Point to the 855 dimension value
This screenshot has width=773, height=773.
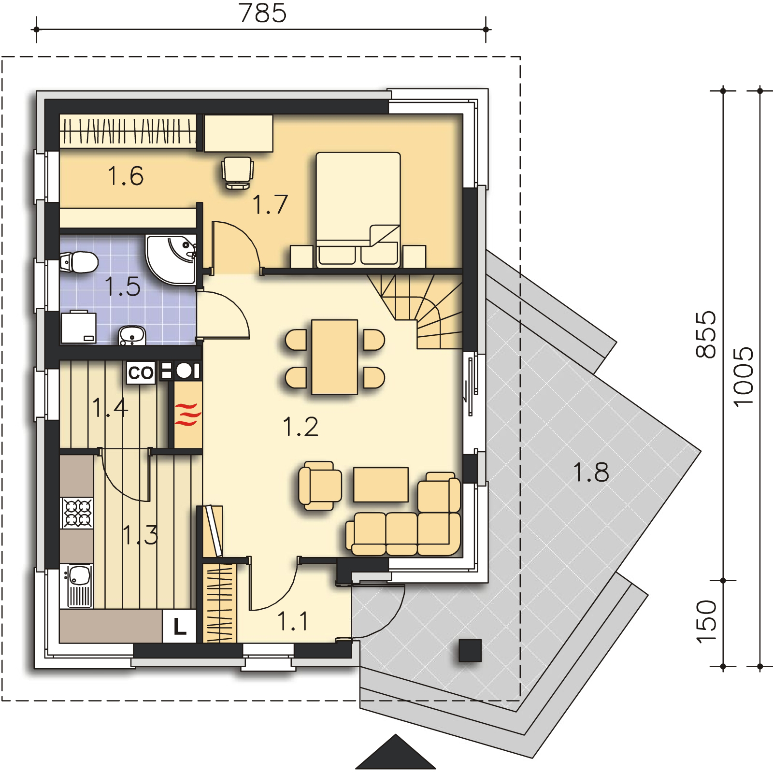pyautogui.click(x=705, y=334)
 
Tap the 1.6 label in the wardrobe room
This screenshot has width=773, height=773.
pyautogui.click(x=125, y=176)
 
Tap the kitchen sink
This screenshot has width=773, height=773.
pyautogui.click(x=77, y=586)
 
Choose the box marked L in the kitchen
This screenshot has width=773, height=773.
pyautogui.click(x=179, y=627)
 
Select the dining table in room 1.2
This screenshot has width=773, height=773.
pyautogui.click(x=335, y=357)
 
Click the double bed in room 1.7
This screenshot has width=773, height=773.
pyautogui.click(x=358, y=210)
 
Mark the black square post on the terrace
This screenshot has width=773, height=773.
pyautogui.click(x=470, y=650)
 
